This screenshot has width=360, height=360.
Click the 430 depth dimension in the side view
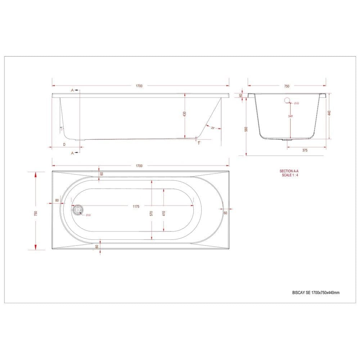(x=185, y=114)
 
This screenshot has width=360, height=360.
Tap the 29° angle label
(x=213, y=128)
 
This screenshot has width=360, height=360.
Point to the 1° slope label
(x=199, y=143)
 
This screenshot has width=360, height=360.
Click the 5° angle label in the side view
(x=62, y=129)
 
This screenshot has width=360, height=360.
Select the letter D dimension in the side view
(x=64, y=144)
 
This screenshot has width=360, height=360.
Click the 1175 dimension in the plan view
(x=136, y=206)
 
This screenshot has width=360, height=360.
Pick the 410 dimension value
(x=164, y=213)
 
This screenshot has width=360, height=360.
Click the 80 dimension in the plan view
(x=57, y=201)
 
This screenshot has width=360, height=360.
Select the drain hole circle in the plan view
(x=77, y=210)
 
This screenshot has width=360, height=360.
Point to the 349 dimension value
(x=290, y=116)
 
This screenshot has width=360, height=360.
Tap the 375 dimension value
(x=305, y=150)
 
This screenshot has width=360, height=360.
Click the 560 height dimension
(x=246, y=129)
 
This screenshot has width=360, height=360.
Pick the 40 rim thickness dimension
(x=241, y=95)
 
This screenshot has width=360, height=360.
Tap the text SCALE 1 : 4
(x=290, y=175)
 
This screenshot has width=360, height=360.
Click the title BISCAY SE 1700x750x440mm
(x=315, y=293)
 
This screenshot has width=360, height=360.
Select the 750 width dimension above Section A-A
(x=287, y=86)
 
